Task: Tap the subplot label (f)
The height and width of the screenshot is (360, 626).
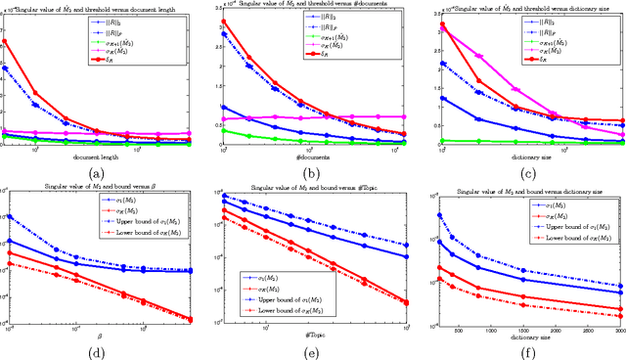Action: pos(526,350)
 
